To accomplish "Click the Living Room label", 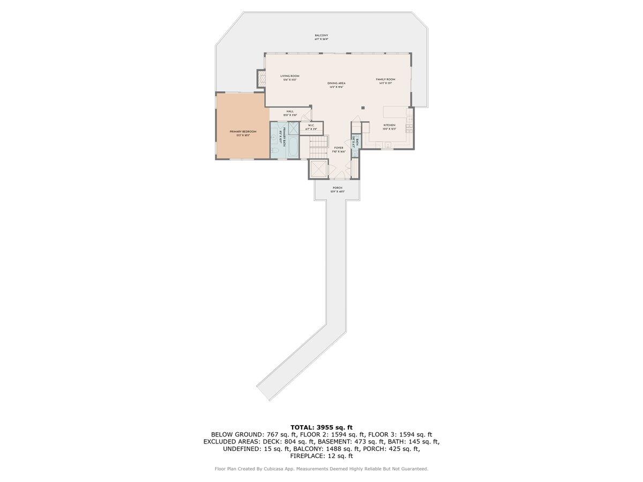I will [290, 76].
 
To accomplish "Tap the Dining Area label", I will [337, 83].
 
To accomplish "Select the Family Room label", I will [385, 79].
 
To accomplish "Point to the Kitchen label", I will [389, 125].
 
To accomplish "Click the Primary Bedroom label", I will [243, 132].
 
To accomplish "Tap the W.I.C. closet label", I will [311, 126].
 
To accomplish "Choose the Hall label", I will [290, 111].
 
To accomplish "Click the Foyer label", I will [339, 148].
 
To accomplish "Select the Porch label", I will [337, 188].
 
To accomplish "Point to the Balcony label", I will [322, 35].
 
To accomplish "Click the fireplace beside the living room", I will [261, 79].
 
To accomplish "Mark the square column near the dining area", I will [363, 108].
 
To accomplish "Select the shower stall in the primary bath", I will [293, 129].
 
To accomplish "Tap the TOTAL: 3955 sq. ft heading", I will [322, 427].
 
